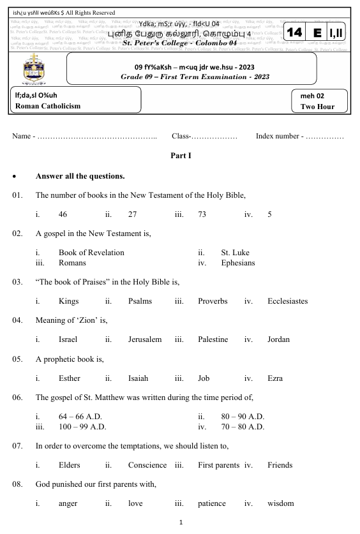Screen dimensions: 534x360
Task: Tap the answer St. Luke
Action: click(x=235, y=253)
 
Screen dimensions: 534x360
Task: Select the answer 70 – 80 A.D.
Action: click(x=243, y=426)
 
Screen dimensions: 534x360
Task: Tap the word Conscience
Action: click(x=147, y=465)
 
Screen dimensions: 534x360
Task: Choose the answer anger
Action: click(x=68, y=503)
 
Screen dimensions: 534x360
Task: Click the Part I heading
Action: click(x=181, y=155)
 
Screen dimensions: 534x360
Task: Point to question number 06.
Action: click(x=17, y=397)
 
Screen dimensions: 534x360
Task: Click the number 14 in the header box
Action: click(x=295, y=32)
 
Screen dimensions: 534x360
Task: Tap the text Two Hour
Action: click(x=317, y=107)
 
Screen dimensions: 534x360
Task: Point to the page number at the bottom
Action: click(x=181, y=522)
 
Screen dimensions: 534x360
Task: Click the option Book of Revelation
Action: click(x=91, y=253)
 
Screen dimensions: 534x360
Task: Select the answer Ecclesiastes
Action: click(x=287, y=300)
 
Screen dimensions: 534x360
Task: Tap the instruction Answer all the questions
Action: click(x=80, y=175)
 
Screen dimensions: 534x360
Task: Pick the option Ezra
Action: click(x=275, y=378)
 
